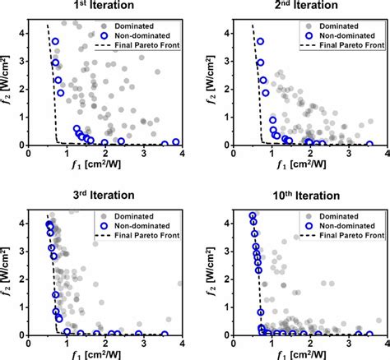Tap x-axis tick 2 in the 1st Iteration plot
(x=105, y=155)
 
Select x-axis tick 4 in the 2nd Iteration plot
(x=371, y=155)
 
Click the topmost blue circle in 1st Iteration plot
(x=55, y=41)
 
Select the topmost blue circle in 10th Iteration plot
(x=253, y=216)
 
